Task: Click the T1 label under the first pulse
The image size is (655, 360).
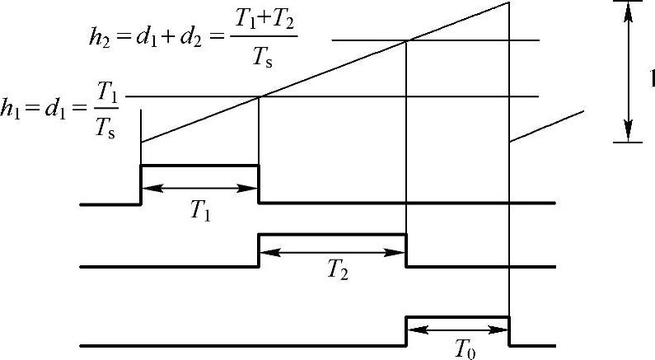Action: [200, 212]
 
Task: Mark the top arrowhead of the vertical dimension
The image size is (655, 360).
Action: [629, 10]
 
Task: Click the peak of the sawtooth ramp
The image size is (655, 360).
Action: [508, 3]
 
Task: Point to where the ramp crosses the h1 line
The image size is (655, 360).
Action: [259, 97]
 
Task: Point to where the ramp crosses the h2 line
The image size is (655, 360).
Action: [407, 40]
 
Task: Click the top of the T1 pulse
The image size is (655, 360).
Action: [200, 166]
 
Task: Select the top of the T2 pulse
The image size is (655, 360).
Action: [333, 235]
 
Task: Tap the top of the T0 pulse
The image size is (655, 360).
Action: [458, 316]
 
